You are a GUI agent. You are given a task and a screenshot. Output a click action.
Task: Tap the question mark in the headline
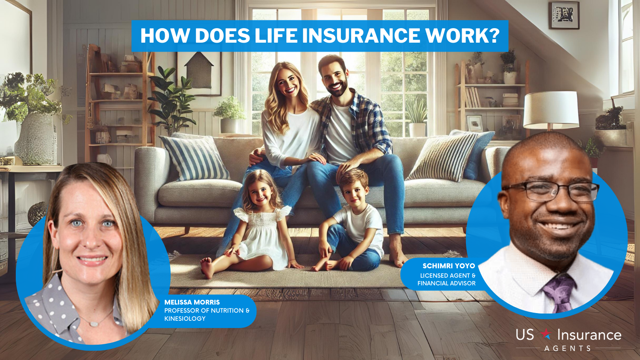point(493,36)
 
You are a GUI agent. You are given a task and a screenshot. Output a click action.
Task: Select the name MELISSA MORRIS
point(192,302)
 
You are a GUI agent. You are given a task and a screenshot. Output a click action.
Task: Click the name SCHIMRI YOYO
point(448,266)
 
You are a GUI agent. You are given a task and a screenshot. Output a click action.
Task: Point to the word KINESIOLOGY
point(185,319)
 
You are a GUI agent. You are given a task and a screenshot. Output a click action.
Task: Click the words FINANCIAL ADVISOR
point(447,283)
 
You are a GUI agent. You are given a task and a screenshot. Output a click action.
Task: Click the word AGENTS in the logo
point(567,348)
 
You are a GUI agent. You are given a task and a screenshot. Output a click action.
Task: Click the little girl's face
point(261,193)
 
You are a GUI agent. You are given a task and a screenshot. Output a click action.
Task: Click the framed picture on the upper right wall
point(564,15)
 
